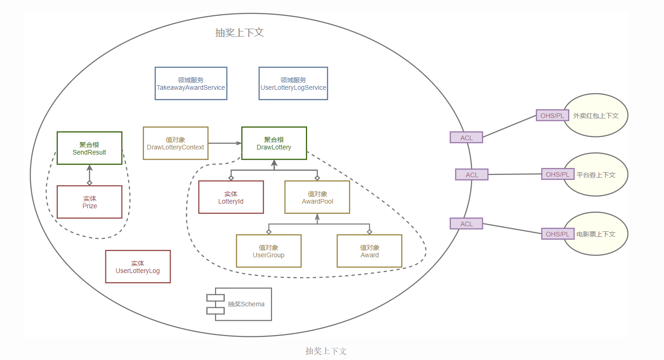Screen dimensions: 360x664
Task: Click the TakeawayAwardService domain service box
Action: click(x=191, y=83)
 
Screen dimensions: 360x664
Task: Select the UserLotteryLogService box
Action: click(x=293, y=83)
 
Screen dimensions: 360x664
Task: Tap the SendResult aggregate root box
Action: click(x=89, y=148)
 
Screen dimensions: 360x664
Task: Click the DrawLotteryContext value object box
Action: click(x=175, y=143)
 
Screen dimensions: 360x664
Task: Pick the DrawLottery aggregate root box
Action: click(x=274, y=143)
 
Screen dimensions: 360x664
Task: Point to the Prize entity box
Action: click(x=89, y=202)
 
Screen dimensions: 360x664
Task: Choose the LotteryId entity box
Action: click(x=231, y=197)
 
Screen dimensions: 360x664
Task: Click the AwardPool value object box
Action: click(x=317, y=197)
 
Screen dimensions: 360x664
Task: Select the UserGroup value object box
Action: click(x=269, y=251)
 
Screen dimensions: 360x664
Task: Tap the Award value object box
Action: click(x=369, y=251)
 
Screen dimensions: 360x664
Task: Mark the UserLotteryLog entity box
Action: click(x=138, y=267)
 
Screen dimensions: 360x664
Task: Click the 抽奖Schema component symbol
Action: click(x=239, y=304)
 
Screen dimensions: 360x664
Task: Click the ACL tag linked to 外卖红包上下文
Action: click(x=466, y=137)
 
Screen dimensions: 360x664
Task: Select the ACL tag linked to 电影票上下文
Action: click(x=466, y=223)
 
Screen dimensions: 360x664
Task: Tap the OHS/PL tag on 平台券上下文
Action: click(x=558, y=174)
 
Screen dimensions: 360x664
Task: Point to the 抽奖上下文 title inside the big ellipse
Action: click(x=240, y=33)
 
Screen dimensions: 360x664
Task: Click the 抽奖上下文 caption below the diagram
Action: click(x=326, y=351)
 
